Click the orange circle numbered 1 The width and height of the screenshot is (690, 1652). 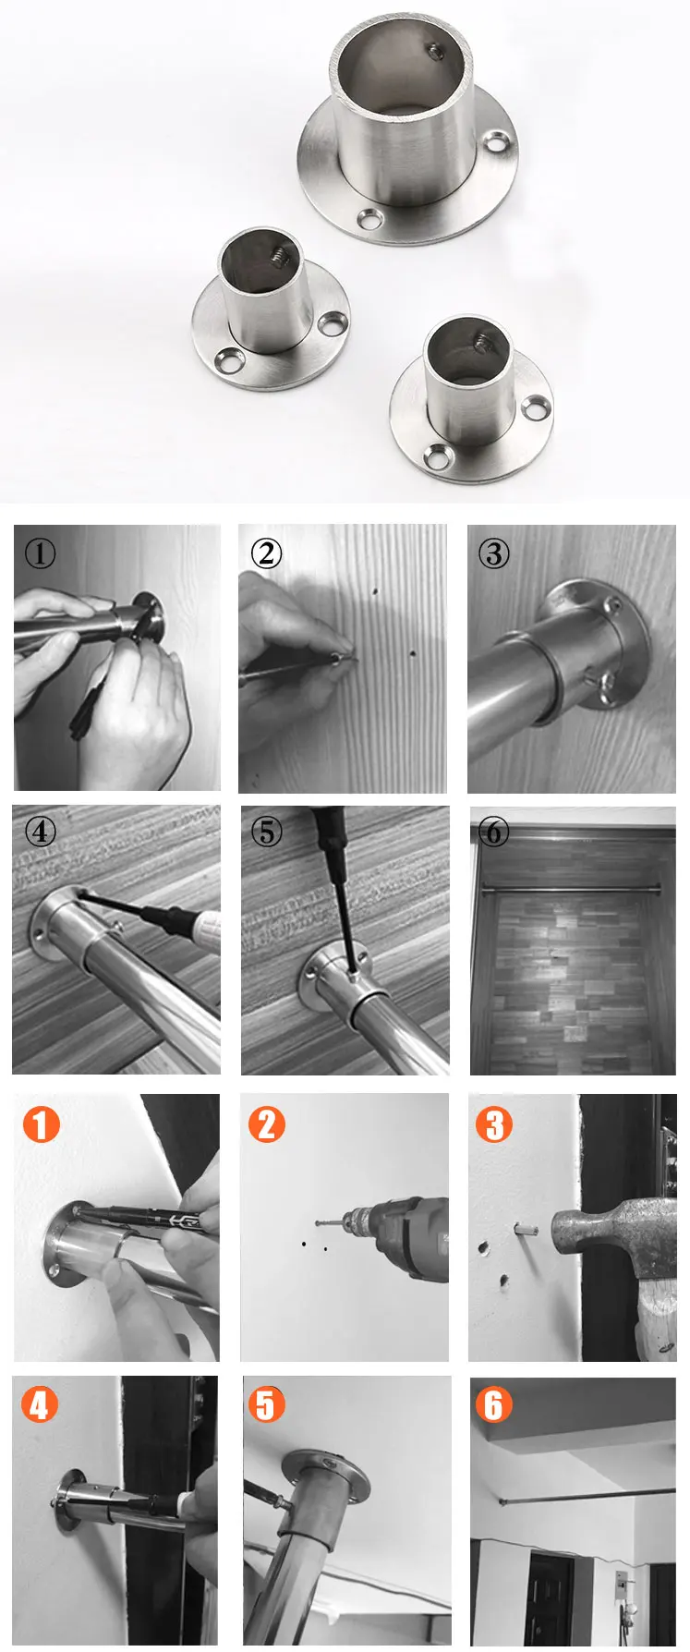pos(41,1124)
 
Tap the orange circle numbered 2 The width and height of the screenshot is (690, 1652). pos(267,1124)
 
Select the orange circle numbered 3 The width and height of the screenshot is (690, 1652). pos(494,1124)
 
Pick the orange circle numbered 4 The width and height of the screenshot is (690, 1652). pos(39,1405)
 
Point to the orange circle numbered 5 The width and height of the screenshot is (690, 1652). pos(266,1405)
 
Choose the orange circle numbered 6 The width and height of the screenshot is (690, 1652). pos(493,1405)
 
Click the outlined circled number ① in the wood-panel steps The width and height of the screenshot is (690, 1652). pos(40,554)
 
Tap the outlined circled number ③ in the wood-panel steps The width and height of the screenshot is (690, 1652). pos(494,554)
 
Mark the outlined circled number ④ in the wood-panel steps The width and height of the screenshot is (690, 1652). pos(40,832)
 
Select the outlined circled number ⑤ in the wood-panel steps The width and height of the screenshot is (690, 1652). pos(267,832)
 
